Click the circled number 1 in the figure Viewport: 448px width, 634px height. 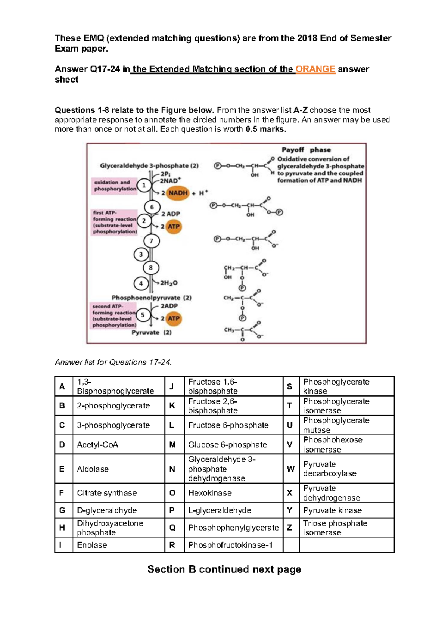pos(144,185)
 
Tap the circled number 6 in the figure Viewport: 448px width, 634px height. pos(152,207)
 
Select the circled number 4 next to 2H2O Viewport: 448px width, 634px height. pos(141,283)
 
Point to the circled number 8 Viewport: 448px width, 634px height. pos(151,268)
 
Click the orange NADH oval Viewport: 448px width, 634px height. pos(178,193)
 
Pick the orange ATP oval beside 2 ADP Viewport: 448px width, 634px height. pos(173,226)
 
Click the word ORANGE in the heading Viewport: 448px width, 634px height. pos(315,69)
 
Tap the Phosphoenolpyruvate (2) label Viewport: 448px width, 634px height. pos(152,298)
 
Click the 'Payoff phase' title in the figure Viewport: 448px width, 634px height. pos(306,150)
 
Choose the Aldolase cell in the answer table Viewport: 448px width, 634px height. pos(93,469)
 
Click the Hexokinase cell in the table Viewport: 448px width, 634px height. pos(210,493)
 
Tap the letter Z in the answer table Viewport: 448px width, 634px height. pos(289,527)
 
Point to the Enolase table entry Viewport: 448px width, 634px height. pos(92,545)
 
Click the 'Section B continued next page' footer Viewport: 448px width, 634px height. pos(224,569)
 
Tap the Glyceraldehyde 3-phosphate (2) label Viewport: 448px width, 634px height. pos(149,165)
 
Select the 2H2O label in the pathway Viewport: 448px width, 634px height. pos(169,283)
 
